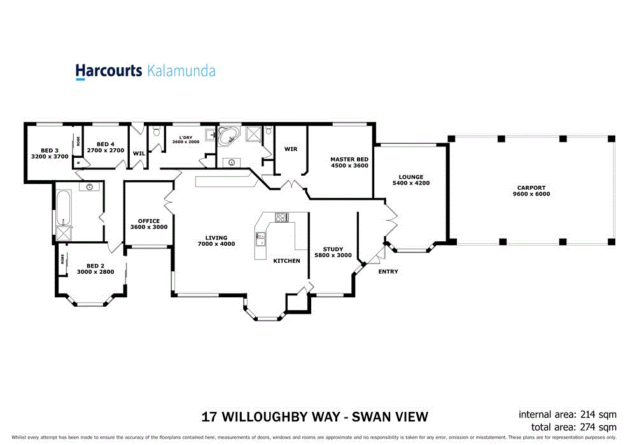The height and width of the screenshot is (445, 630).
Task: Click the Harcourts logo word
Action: tap(109, 71)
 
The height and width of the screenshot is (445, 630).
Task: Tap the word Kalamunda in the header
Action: tap(181, 71)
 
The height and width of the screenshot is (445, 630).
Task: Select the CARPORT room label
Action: tap(531, 188)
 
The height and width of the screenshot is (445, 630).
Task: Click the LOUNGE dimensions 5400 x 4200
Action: tap(411, 183)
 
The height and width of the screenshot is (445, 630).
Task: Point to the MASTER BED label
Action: tap(349, 159)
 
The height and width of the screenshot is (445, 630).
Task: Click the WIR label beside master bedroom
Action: tap(291, 149)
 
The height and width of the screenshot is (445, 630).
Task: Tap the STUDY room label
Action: tap(333, 249)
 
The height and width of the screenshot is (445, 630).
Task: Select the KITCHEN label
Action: tap(286, 261)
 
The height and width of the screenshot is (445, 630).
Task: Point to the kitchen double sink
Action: tap(260, 239)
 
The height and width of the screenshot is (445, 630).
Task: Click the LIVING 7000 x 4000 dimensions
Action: tap(216, 244)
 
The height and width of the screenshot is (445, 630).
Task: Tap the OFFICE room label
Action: tap(149, 221)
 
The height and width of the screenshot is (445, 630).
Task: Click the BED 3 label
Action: tap(50, 150)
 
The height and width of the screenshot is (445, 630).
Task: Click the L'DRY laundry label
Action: tap(186, 138)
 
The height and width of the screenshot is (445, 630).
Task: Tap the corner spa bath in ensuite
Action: tap(228, 136)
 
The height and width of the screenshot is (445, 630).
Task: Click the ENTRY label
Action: tap(388, 272)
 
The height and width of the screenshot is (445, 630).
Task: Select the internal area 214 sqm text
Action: tap(568, 414)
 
